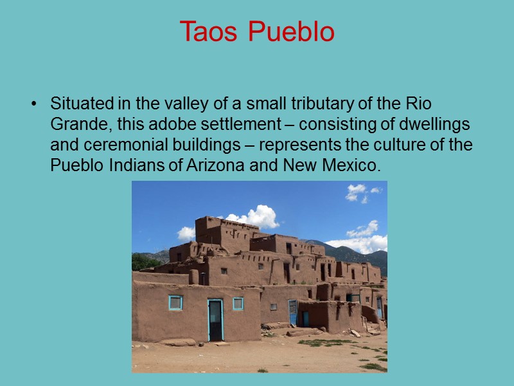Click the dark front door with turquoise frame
(x=215, y=320)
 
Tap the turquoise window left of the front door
(x=175, y=302)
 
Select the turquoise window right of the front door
(x=238, y=303)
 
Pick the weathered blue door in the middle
(x=293, y=313)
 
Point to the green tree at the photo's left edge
(x=141, y=262)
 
